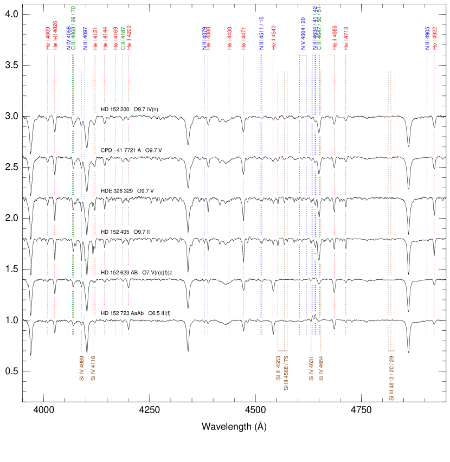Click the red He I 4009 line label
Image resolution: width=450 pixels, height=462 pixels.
pos(48,39)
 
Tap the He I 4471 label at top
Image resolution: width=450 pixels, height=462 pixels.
pos(243,39)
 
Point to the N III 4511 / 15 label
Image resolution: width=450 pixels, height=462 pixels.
pos(261,34)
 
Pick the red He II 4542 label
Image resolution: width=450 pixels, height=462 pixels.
pos(273,37)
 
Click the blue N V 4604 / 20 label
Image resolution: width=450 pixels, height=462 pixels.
pos(303,34)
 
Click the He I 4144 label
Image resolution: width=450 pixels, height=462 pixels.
pos(105,39)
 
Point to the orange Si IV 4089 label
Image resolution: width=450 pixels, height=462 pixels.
pos(81,369)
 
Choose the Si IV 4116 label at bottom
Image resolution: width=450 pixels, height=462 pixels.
pos(93,369)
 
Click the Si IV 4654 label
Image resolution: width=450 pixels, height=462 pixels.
pos(321,369)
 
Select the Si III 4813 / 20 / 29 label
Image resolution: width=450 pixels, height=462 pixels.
pos(391,378)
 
